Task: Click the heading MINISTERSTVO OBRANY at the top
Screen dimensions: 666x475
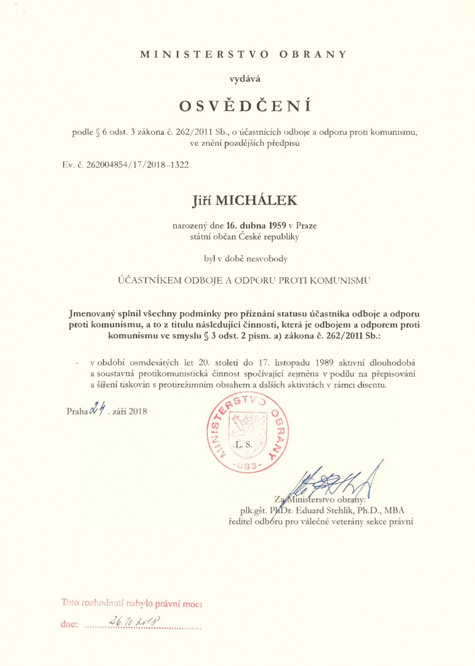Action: pyautogui.click(x=237, y=54)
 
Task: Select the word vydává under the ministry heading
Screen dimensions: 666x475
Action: pyautogui.click(x=237, y=79)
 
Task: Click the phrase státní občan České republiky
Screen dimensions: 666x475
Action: pyautogui.click(x=237, y=237)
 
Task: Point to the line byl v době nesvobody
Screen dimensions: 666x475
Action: pyautogui.click(x=237, y=258)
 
